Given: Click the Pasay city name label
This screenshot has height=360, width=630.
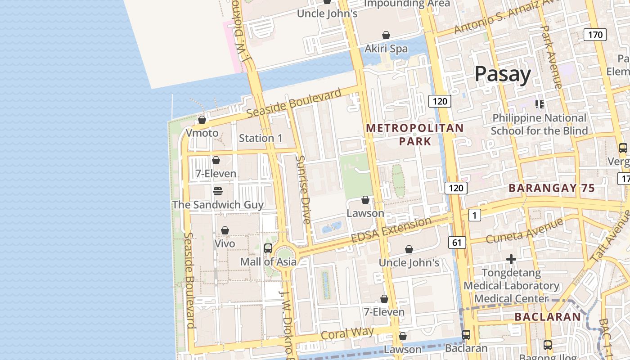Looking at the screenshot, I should [503, 74].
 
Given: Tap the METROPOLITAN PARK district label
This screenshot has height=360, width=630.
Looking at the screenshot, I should [414, 135].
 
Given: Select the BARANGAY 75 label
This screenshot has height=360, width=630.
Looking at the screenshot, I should [552, 189].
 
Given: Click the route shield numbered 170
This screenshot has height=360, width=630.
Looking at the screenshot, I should [595, 35].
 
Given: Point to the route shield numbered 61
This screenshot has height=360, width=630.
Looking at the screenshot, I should [457, 243].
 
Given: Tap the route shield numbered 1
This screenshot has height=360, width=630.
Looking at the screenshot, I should [474, 216].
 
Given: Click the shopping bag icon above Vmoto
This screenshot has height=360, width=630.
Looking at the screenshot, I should [202, 120].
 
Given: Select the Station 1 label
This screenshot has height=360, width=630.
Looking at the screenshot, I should [261, 138].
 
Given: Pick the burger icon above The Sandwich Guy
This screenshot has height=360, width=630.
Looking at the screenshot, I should [218, 191].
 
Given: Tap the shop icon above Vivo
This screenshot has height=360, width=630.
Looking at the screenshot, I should [225, 231].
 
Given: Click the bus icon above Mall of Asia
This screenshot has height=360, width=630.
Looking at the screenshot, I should [268, 248].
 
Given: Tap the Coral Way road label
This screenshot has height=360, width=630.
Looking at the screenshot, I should [347, 334].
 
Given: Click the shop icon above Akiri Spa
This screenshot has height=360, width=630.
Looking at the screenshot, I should [386, 35].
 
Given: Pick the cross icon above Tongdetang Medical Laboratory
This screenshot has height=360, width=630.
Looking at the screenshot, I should [511, 259].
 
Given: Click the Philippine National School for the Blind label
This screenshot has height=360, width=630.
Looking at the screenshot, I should [539, 124].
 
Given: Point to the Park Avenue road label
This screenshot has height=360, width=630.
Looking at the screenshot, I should [551, 56].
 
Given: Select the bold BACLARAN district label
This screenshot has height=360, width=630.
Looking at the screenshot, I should [548, 317].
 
